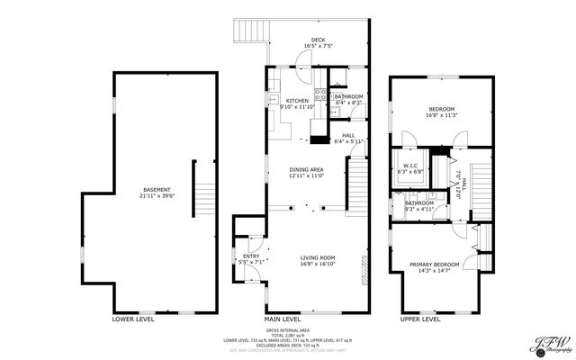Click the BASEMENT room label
158,189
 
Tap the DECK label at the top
318,40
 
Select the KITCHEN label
298,100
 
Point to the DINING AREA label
306,169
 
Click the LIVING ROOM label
318,257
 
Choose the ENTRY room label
250,256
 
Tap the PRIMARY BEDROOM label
435,264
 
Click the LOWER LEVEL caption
133,319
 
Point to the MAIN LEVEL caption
282,319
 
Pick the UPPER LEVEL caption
419,319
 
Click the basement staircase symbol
206,193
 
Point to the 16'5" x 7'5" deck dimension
318,46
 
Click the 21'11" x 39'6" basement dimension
158,195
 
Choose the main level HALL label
348,135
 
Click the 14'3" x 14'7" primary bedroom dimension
435,270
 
